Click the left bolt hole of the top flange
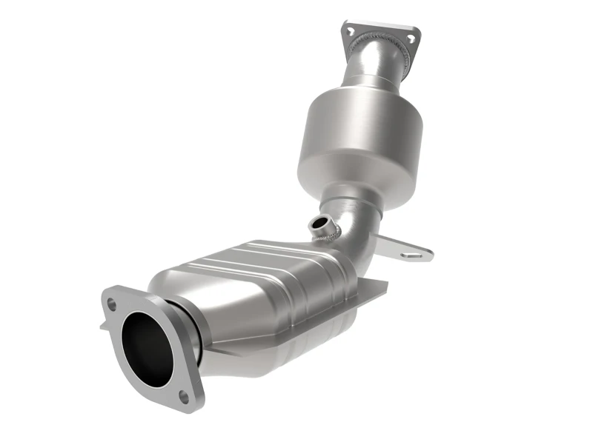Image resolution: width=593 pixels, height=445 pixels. coord(351,30)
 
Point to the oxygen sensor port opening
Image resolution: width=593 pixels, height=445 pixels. coord(319,222)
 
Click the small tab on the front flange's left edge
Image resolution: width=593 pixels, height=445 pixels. coord(104,324)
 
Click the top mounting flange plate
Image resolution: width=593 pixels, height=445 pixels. coord(381,33)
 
